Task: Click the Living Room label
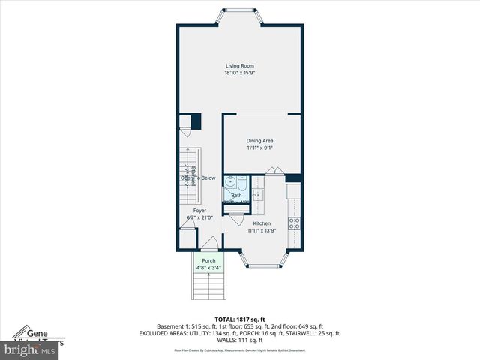[x=240, y=66]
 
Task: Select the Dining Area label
[x=260, y=141]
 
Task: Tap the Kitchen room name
[x=262, y=224]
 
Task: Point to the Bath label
[x=236, y=196]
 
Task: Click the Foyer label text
[x=199, y=211]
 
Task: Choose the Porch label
[x=208, y=260]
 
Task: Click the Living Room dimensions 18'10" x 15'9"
[x=240, y=73]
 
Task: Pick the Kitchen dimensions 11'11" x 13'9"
[x=262, y=231]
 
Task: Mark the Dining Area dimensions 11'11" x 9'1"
[x=260, y=148]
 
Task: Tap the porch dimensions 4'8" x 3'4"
[x=208, y=267]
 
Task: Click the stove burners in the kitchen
[x=295, y=222]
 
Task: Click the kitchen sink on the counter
[x=258, y=196]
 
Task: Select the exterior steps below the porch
[x=208, y=286]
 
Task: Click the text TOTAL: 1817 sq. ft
[x=240, y=319]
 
